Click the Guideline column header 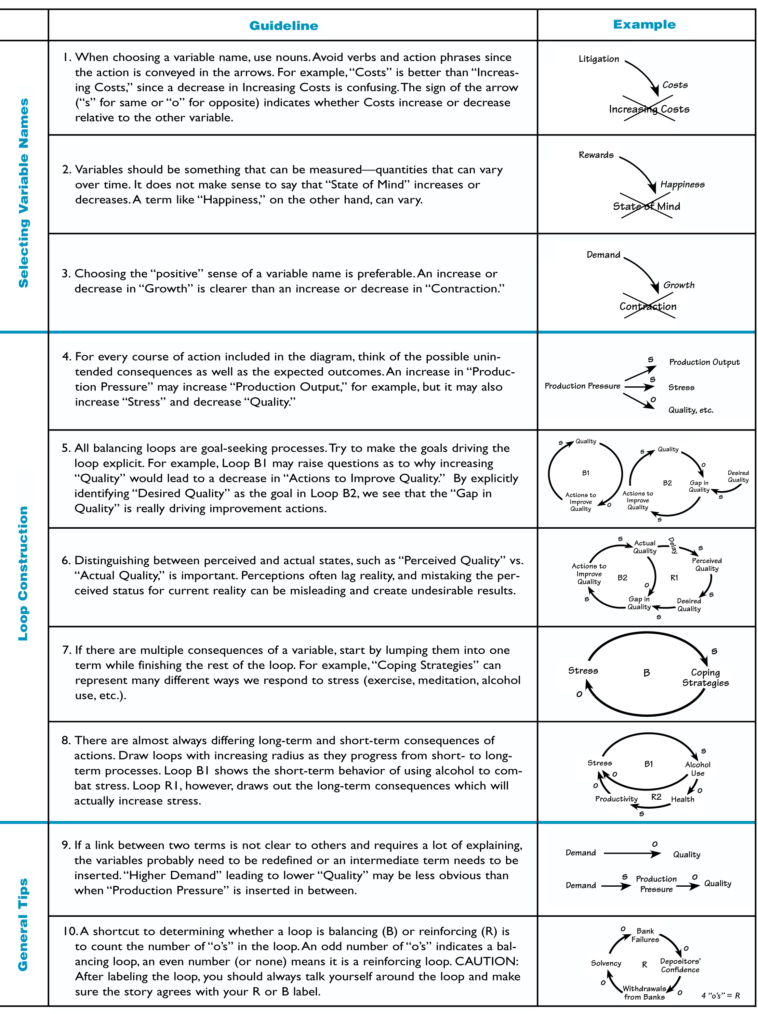coord(283,26)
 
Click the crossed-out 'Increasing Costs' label coord(649,109)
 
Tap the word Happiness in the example coord(682,184)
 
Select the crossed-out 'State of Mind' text coord(646,206)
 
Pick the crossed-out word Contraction coord(648,306)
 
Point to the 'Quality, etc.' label coord(690,410)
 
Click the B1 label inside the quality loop coord(585,473)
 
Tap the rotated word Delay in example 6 coord(672,545)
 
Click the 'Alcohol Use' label coord(697,769)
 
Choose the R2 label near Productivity coord(656,797)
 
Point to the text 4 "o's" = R coord(720,995)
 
